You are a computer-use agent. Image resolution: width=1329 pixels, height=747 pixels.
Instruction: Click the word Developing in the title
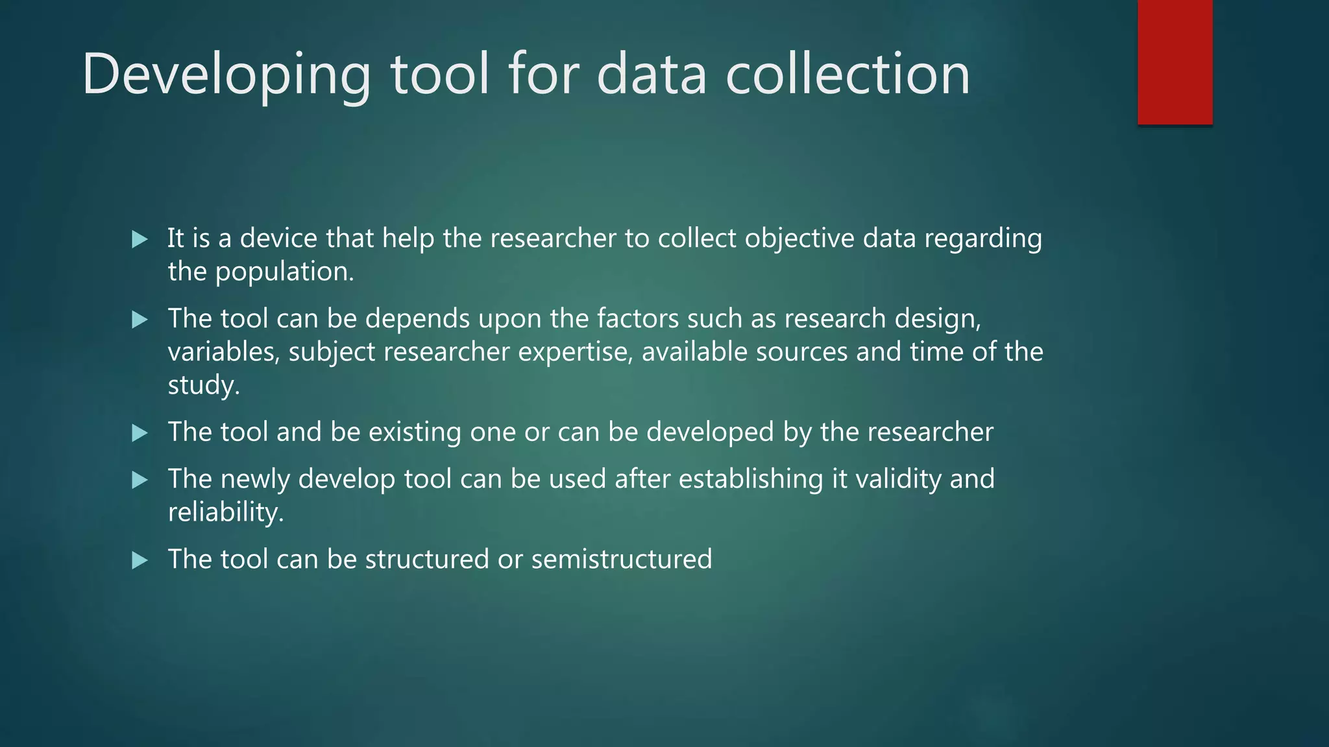(x=226, y=75)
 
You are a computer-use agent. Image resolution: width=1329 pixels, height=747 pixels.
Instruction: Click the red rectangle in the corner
(x=1175, y=62)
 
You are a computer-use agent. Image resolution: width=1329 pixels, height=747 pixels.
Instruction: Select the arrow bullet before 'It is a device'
(x=140, y=239)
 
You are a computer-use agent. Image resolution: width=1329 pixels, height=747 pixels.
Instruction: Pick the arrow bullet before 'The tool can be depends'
(x=140, y=319)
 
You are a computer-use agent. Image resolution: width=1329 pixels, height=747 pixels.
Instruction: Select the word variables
(x=223, y=352)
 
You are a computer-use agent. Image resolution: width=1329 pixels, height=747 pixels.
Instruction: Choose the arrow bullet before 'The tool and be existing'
(x=140, y=433)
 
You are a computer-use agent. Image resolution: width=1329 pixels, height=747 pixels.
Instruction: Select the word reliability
(x=226, y=512)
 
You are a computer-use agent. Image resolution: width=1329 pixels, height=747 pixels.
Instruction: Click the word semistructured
(x=621, y=559)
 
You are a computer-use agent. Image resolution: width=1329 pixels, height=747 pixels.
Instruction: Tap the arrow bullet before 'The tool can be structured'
(x=140, y=560)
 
